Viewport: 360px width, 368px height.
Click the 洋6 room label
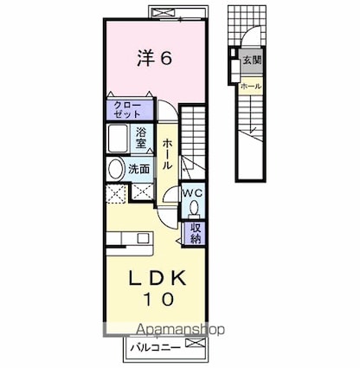(155, 58)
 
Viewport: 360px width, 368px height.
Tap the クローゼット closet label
(127, 110)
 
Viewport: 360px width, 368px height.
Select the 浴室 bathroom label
(141, 138)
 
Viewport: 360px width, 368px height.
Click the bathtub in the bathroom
(118, 139)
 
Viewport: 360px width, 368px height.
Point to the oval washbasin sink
(115, 169)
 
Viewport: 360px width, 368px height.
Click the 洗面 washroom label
(139, 169)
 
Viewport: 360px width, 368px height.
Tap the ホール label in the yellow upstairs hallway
(167, 154)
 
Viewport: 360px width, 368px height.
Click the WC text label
(193, 192)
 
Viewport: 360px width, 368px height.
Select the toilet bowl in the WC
(194, 209)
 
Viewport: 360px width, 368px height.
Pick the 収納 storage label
(196, 234)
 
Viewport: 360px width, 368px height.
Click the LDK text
(157, 278)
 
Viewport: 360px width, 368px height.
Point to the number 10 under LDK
(158, 299)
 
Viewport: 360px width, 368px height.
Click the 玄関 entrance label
(252, 61)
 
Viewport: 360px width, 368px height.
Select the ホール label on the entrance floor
(251, 86)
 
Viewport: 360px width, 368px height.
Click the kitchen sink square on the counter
(143, 238)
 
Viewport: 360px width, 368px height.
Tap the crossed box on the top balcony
(164, 12)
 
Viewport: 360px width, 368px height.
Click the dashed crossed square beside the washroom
(117, 194)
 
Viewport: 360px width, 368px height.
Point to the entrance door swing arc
(250, 32)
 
